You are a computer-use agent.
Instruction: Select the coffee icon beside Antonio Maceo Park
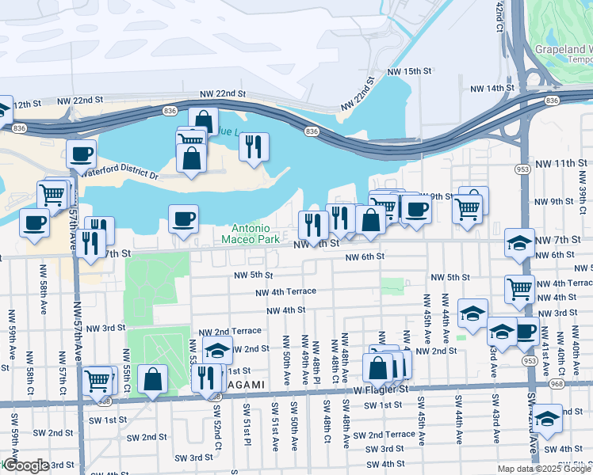point(183,218)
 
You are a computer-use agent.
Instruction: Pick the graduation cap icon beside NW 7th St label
point(519,242)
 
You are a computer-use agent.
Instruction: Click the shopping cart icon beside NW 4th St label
point(519,288)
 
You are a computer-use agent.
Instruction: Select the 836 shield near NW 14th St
point(553,101)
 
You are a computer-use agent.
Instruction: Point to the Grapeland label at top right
point(563,48)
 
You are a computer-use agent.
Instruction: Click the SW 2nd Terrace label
point(384,435)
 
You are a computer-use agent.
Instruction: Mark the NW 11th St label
point(564,163)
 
